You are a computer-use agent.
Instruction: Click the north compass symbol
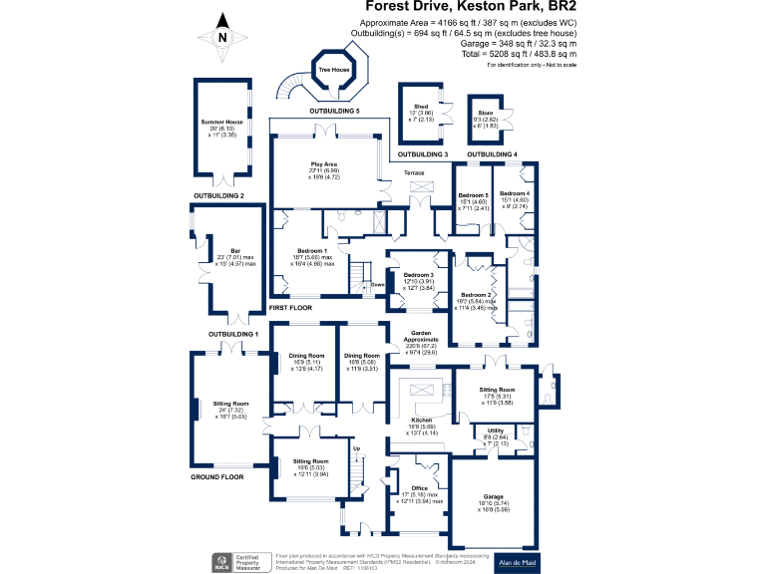(222, 38)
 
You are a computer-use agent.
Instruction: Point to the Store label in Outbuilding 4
(485, 113)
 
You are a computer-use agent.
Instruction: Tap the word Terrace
(414, 173)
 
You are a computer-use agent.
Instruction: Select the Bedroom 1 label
(314, 250)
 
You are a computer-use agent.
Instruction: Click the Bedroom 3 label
(419, 274)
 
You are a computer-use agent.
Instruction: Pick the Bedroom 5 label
(473, 193)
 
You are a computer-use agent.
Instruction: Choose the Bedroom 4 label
(514, 193)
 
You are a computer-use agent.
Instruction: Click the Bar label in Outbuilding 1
(235, 250)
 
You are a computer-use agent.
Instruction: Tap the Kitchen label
(422, 422)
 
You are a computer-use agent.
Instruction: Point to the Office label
(418, 488)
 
